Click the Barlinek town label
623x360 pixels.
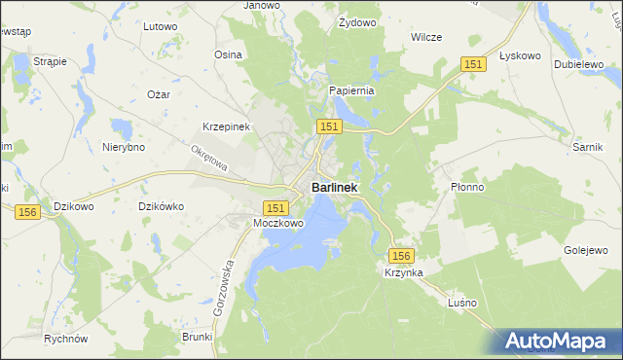[334, 187]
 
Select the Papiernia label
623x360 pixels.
[351, 90]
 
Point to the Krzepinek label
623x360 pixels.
[227, 127]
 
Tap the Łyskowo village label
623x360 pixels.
[519, 55]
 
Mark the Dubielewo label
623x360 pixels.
[574, 63]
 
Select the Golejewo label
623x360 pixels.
[586, 250]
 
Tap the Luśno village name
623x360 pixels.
[461, 303]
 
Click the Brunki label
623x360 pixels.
[197, 336]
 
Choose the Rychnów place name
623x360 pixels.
[66, 340]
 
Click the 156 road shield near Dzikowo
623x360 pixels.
[27, 212]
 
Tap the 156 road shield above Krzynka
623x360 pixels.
[403, 255]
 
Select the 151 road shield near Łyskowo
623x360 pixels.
[473, 63]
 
